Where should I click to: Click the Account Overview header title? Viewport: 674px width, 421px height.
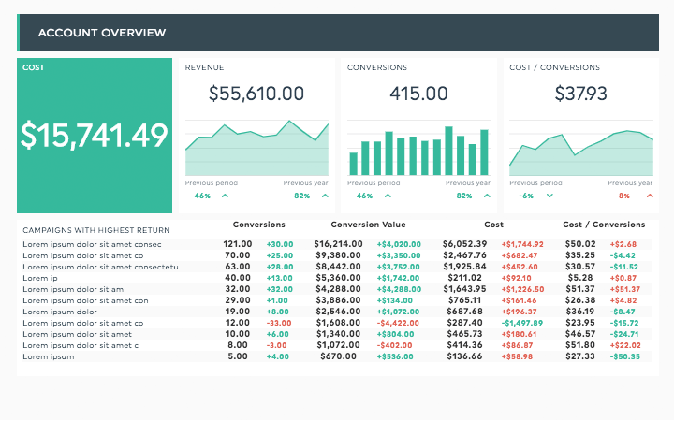click(102, 33)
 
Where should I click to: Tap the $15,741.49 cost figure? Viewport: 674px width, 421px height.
click(95, 136)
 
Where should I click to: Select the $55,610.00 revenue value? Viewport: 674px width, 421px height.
click(256, 94)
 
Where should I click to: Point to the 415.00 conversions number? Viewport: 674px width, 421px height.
click(418, 94)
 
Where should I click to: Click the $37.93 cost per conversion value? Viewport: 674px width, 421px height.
click(580, 94)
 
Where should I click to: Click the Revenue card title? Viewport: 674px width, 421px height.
click(205, 67)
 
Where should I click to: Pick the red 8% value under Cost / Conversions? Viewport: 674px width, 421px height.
click(624, 196)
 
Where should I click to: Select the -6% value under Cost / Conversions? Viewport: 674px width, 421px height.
click(526, 196)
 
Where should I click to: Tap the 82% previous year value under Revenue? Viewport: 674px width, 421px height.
click(301, 196)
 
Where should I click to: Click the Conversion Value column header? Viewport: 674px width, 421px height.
click(368, 225)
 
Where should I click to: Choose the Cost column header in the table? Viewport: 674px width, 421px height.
click(494, 225)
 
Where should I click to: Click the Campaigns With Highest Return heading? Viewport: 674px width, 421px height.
click(96, 230)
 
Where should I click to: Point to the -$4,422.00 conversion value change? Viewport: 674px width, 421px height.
click(399, 323)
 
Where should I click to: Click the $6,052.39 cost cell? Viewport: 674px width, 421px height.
click(465, 244)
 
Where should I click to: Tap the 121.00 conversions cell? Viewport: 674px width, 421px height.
click(237, 244)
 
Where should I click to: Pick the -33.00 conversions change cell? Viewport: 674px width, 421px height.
click(279, 323)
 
